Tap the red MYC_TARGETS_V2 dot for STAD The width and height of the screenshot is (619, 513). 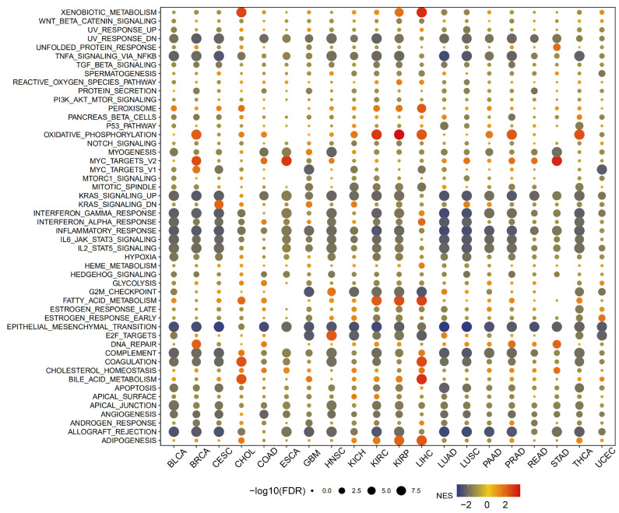[x=557, y=160]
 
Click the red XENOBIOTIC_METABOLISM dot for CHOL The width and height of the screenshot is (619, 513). [x=241, y=12]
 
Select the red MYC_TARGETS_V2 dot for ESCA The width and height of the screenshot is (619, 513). [x=286, y=160]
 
